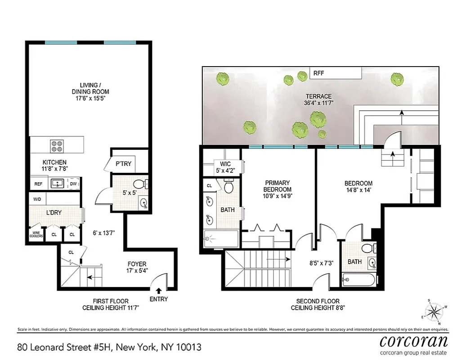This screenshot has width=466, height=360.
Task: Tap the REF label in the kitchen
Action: coord(38,184)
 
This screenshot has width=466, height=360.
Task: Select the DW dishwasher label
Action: coord(73,184)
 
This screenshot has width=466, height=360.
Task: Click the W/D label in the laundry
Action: coord(37,198)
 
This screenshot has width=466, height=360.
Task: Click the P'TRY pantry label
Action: coord(123,164)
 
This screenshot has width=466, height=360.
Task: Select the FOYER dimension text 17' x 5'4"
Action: coord(136,271)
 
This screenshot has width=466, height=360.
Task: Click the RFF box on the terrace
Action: coord(319,73)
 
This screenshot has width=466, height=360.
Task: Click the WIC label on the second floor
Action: coord(225,164)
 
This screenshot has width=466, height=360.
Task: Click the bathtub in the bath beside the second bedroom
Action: coord(358,279)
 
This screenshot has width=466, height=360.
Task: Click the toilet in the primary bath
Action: coord(228,187)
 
